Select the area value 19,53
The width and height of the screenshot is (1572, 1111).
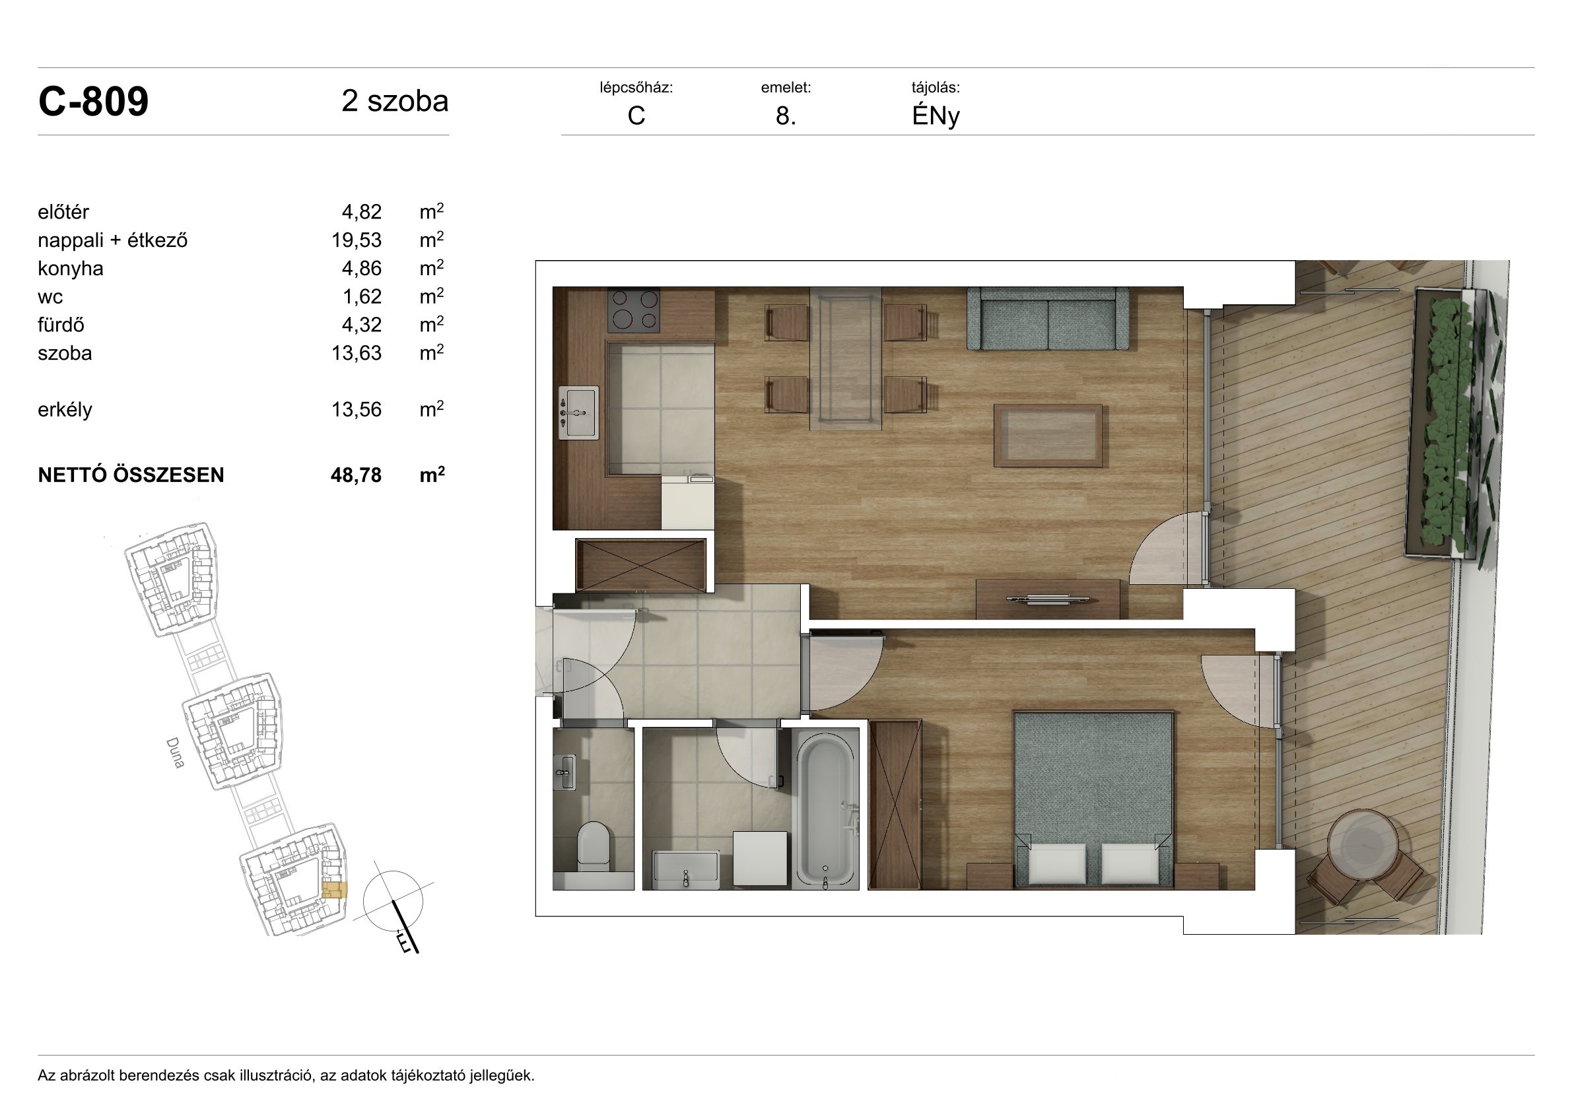[356, 240]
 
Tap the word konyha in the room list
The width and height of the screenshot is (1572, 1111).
[71, 268]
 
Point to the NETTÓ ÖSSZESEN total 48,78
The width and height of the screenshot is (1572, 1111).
[356, 475]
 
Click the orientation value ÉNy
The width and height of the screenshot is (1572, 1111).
[936, 116]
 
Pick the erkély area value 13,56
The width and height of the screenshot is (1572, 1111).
[356, 409]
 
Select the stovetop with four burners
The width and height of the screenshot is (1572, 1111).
[634, 310]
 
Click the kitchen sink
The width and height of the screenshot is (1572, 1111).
[578, 413]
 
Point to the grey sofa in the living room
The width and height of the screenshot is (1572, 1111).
[1048, 318]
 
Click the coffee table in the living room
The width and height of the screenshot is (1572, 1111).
[1048, 436]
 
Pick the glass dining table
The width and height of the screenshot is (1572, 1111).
[846, 359]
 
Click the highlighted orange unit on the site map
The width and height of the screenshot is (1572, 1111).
[335, 890]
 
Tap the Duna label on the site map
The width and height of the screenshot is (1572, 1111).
[175, 753]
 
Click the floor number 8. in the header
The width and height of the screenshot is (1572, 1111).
[785, 116]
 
